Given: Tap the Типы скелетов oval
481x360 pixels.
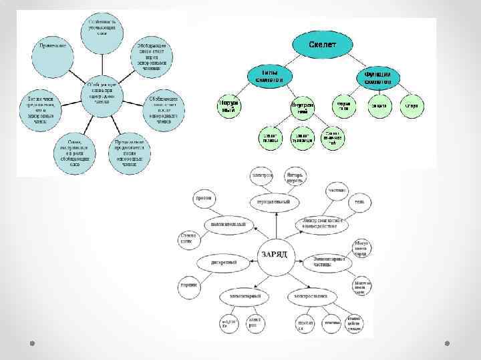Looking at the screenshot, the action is point(270,75).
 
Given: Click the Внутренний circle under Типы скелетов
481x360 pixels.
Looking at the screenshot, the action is point(303,107).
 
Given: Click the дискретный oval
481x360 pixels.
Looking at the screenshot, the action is point(224,263).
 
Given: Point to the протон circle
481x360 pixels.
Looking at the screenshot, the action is point(203,198).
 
